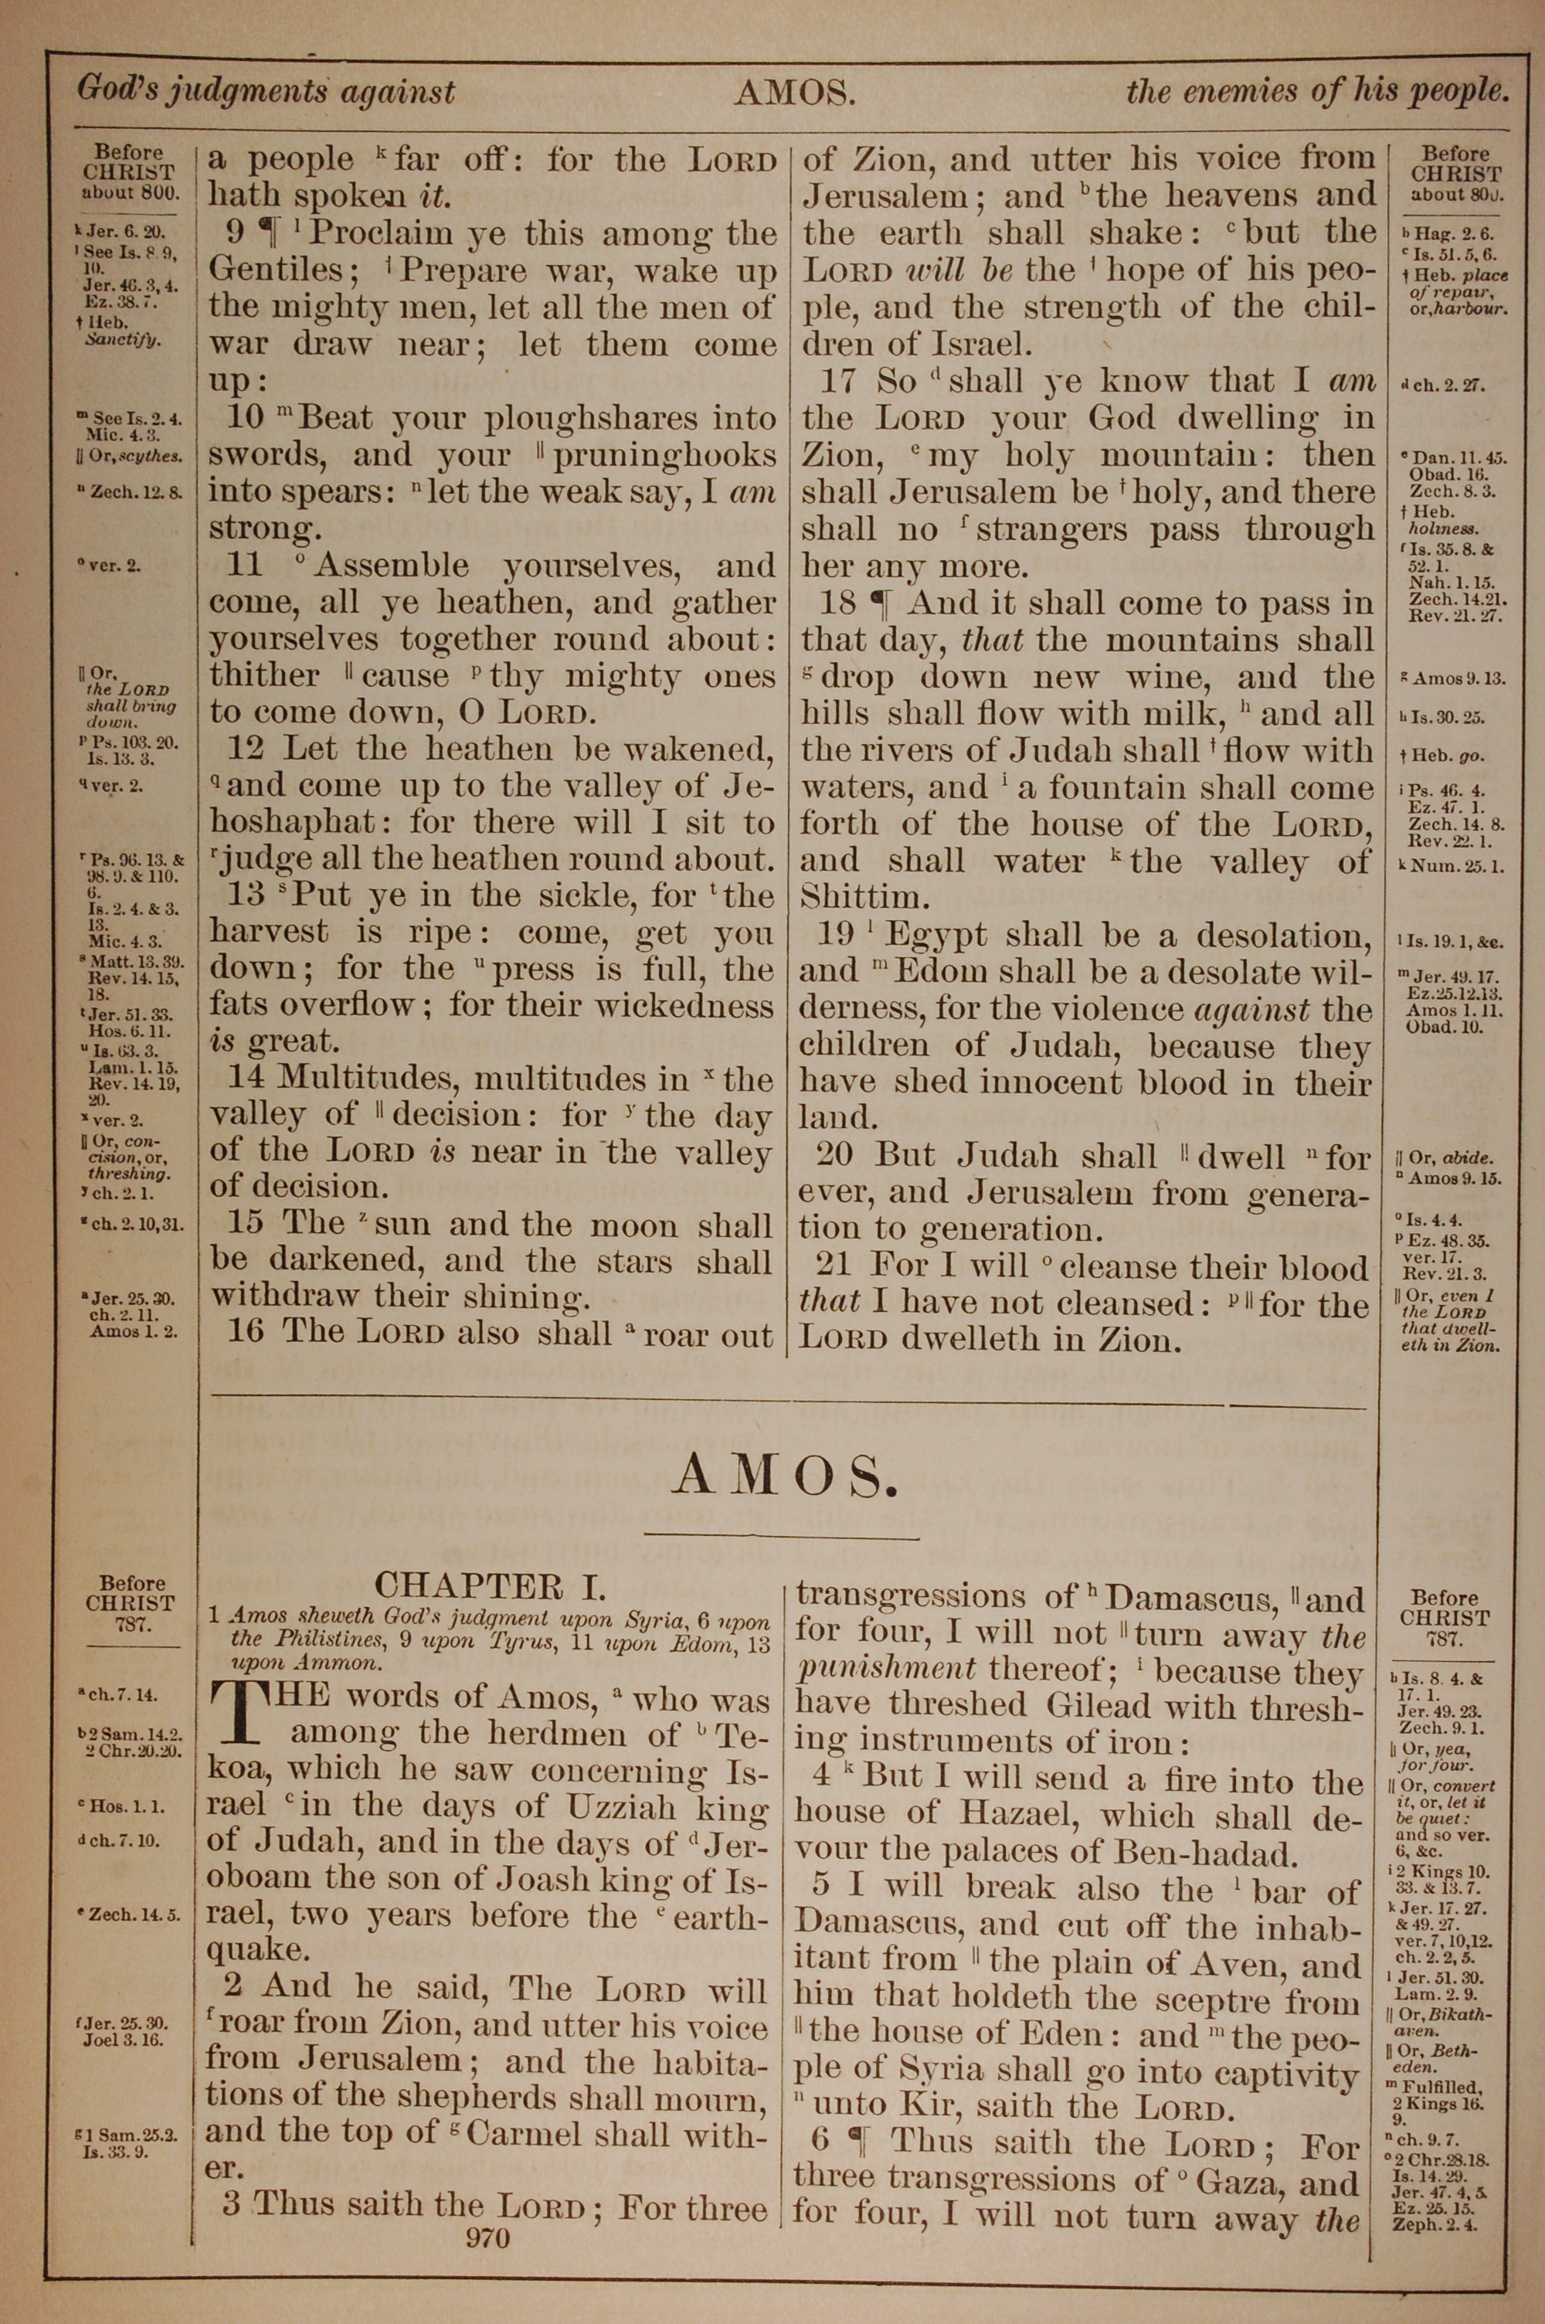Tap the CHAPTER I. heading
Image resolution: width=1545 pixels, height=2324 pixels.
coord(490,1586)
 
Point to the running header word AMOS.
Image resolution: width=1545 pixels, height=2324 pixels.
coord(793,93)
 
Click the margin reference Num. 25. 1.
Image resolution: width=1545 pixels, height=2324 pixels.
coord(1446,866)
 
